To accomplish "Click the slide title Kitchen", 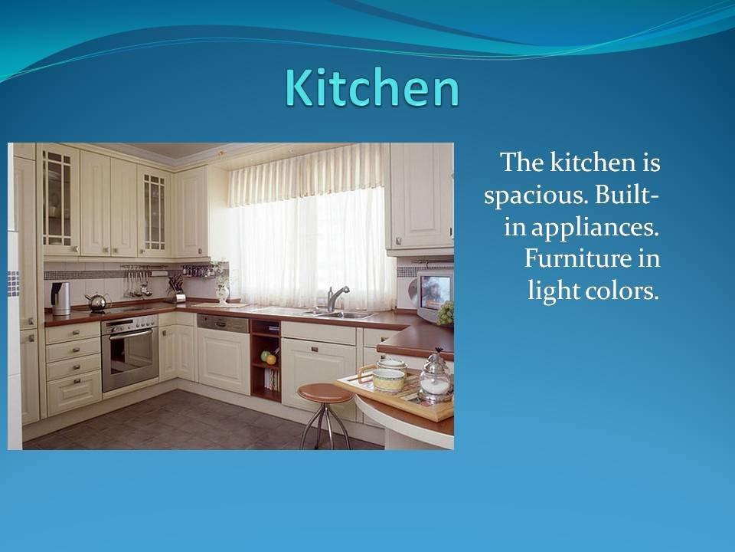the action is tap(372, 87).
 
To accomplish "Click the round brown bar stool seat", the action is tap(325, 393).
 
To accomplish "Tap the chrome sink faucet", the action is tap(335, 298).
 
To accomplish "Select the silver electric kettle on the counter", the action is tap(60, 298).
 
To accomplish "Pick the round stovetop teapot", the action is tap(97, 302).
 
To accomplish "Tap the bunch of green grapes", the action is tap(446, 313).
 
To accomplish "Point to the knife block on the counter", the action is tap(175, 287).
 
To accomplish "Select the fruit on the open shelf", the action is tap(268, 358).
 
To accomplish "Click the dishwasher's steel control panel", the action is tap(223, 323).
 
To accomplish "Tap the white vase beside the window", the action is tap(223, 293).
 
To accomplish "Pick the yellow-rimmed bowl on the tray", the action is tap(389, 379).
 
